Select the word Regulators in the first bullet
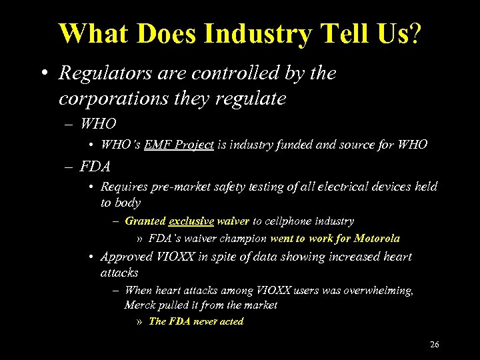pos(99,73)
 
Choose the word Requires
pos(125,187)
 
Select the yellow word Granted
pos(145,221)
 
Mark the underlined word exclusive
pos(191,221)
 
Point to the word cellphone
pos(287,221)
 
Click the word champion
pos(244,238)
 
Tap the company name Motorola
pos(377,238)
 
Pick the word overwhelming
pos(378,291)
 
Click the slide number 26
pos(435,345)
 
